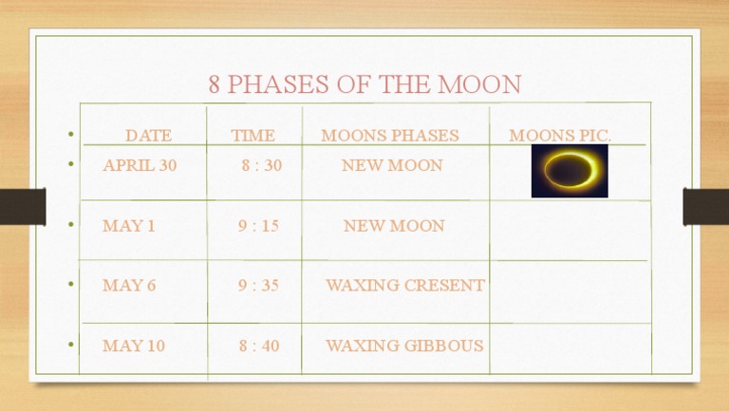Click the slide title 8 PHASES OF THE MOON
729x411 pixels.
364,84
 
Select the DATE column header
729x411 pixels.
148,136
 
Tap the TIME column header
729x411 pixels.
252,136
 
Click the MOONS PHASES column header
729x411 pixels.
389,136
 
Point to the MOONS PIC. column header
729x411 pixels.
560,136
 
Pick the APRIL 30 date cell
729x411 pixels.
140,165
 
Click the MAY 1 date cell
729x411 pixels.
128,227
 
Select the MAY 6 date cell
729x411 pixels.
128,286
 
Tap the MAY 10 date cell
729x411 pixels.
133,346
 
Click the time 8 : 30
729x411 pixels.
261,165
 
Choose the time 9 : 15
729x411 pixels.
258,227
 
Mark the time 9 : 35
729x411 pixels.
258,286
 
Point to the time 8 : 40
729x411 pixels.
259,346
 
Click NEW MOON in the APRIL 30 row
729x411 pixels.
392,165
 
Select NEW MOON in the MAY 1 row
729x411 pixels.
393,227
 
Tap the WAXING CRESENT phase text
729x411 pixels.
404,286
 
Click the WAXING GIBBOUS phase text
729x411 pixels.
404,346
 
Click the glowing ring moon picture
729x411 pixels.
570,171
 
